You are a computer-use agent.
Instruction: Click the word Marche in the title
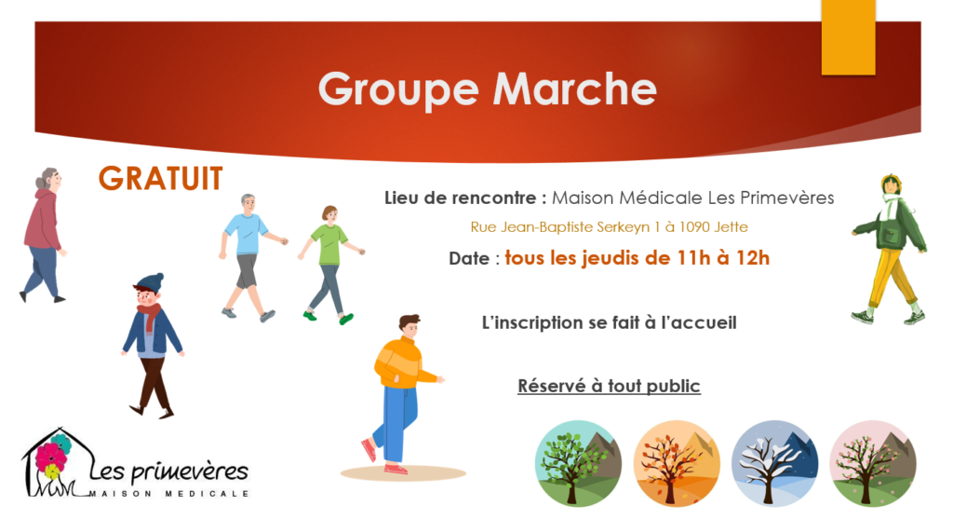click(574, 89)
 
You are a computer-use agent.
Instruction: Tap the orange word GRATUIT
click(160, 179)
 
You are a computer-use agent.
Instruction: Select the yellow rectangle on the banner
click(848, 37)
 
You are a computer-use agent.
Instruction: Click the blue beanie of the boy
click(150, 281)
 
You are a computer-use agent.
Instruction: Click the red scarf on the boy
click(149, 316)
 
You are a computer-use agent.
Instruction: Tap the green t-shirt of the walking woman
click(329, 244)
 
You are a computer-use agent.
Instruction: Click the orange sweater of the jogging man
click(400, 362)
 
